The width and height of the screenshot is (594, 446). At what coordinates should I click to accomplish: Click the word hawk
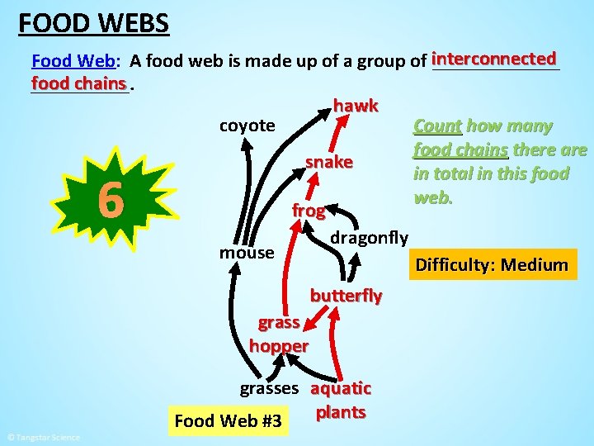(356, 106)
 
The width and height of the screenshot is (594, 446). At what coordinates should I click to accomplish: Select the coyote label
(247, 126)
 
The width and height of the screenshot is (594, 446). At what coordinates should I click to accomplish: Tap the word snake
(329, 162)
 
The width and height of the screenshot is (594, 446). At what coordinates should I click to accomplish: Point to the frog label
(308, 211)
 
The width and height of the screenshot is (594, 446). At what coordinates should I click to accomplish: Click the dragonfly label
(369, 238)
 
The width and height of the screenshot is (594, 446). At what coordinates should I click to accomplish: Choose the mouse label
(246, 252)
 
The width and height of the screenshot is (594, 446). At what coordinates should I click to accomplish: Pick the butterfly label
(346, 296)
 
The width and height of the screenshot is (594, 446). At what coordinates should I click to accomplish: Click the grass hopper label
(278, 334)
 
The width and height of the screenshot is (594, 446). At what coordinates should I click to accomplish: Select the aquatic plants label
(341, 400)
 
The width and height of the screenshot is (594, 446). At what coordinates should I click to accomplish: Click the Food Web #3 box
(228, 422)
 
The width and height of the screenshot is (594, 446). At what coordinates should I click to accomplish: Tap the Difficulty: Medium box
(492, 265)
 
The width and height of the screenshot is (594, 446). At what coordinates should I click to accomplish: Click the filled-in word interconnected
(494, 59)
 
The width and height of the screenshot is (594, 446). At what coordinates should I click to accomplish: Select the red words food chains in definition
(79, 83)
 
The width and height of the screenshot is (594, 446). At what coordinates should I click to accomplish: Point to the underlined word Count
(436, 126)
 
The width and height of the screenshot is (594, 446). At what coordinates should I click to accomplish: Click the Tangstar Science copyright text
(43, 437)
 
